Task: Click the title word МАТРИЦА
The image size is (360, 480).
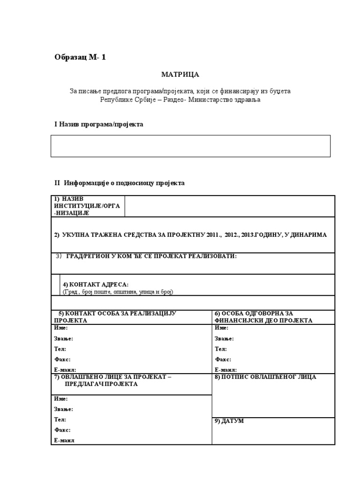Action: click(180, 75)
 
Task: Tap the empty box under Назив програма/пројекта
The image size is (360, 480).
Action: click(190, 146)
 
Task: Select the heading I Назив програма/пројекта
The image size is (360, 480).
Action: click(99, 124)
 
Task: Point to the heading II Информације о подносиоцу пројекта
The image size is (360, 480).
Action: click(120, 183)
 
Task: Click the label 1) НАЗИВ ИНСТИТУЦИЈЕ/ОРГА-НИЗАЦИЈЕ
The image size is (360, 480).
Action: click(78, 206)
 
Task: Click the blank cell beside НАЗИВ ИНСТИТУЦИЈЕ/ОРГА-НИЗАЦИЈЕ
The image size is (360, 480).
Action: click(230, 206)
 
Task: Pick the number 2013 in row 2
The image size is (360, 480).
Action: click(249, 235)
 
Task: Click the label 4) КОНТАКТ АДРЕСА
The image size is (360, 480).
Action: click(96, 285)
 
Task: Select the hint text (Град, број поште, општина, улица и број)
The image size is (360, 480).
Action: click(118, 292)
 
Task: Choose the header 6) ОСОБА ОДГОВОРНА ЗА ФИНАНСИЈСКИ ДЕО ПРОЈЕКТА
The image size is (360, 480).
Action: click(263, 316)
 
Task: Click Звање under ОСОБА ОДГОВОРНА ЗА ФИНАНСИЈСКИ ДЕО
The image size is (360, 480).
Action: click(224, 338)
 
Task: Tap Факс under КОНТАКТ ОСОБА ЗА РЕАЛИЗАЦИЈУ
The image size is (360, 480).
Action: click(62, 360)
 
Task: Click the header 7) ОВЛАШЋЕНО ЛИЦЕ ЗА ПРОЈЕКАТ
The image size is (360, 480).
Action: click(112, 380)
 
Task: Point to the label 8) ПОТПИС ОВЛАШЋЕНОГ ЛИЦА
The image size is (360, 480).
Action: click(265, 377)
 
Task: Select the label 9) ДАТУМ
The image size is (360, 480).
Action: click(229, 421)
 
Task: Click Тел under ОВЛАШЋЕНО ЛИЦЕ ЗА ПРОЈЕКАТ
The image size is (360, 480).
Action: click(60, 420)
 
